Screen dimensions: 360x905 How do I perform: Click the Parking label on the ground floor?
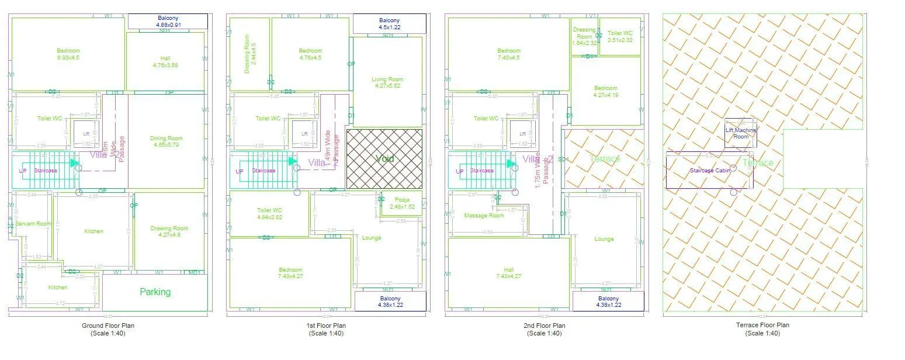pos(155,292)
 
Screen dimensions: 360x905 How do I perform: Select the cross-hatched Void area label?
pos(384,158)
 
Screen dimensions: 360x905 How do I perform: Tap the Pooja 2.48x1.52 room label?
pos(402,203)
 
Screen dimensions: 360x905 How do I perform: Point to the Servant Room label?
pos(33,224)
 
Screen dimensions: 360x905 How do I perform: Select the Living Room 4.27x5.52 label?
pos(387,82)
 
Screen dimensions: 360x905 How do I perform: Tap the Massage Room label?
pos(484,216)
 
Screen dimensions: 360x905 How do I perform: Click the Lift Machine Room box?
pos(741,133)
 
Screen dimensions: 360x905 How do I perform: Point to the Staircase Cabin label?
pos(710,171)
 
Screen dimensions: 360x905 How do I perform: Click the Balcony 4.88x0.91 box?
pos(168,22)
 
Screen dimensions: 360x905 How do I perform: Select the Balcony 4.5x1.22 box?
pos(389,24)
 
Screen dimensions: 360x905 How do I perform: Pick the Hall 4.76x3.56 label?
pos(165,61)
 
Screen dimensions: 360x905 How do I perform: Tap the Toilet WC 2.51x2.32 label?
pos(620,37)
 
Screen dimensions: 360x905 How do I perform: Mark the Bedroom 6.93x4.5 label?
pos(68,54)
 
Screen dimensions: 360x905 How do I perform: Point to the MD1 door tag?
pos(195,272)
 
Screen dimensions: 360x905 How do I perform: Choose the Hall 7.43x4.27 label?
pos(508,273)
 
